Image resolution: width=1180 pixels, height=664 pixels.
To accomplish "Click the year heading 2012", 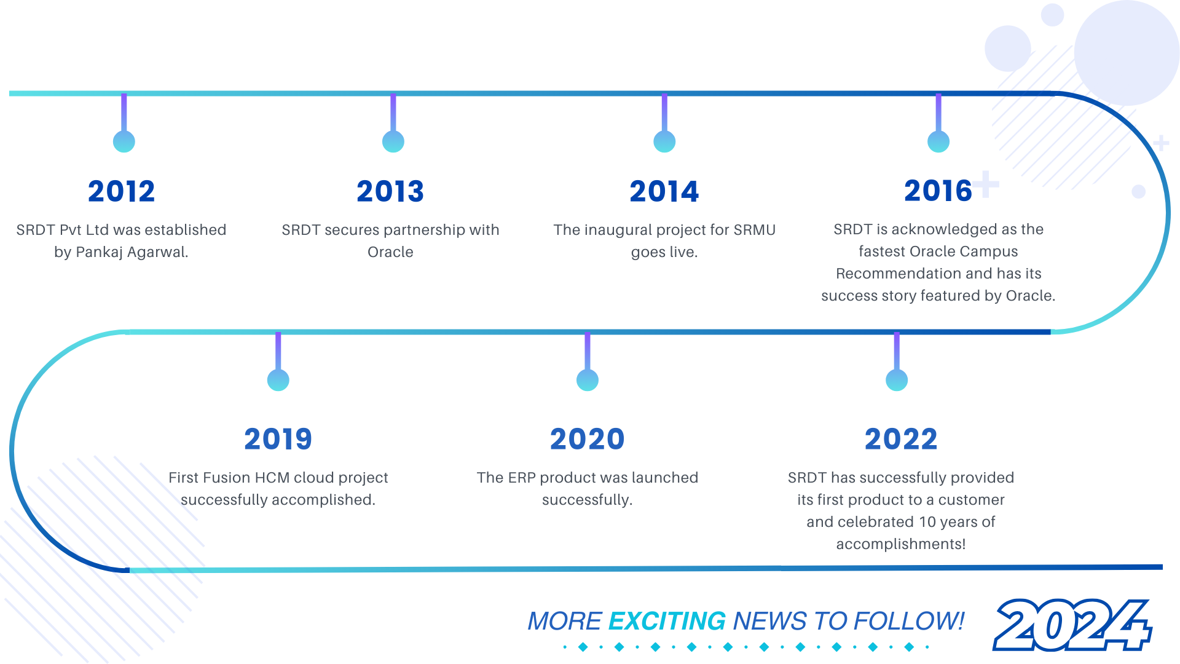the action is (121, 191).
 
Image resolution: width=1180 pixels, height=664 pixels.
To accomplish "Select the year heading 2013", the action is (390, 191).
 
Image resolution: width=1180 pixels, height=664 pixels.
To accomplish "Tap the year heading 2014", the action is (664, 191).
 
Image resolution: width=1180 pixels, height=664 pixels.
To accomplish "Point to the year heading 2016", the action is (938, 191).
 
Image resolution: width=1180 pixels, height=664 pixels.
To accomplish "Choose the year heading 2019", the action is (278, 439).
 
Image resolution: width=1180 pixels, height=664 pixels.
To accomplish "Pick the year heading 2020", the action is (588, 439).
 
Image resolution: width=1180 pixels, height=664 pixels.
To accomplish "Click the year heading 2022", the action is (901, 439).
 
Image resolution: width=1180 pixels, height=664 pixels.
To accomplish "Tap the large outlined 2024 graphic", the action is (1072, 625).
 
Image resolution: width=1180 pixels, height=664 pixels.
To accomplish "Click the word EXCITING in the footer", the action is (667, 621).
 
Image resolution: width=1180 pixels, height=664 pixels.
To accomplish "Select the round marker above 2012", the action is (124, 141).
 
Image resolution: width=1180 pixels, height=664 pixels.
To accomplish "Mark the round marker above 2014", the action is (664, 141).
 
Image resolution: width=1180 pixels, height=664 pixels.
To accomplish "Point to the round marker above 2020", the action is (588, 380).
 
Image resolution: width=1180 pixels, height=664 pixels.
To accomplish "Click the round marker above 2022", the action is (897, 380).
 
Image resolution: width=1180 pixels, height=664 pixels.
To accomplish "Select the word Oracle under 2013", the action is (390, 252).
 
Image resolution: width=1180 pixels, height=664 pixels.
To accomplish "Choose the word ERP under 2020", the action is (522, 478).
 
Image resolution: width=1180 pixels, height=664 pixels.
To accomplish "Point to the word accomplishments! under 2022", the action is (901, 544).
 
